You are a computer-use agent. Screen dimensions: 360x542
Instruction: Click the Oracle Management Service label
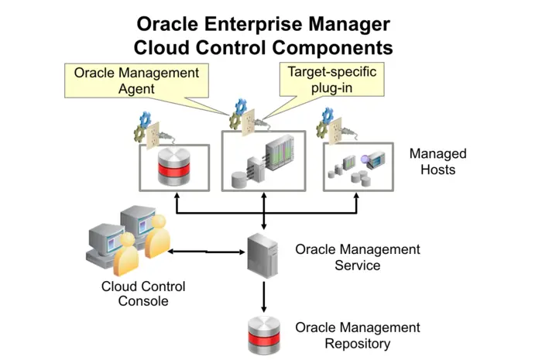point(357,257)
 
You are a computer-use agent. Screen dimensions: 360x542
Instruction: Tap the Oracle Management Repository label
point(357,335)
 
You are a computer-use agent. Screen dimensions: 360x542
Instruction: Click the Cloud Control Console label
point(143,293)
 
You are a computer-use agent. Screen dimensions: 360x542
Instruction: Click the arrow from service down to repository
point(264,294)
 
